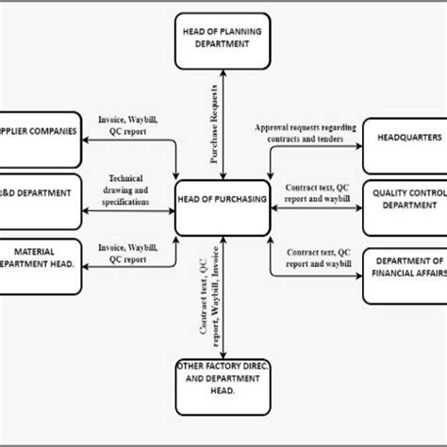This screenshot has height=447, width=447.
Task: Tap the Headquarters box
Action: [403, 137]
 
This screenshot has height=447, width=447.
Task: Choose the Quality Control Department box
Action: [403, 197]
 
